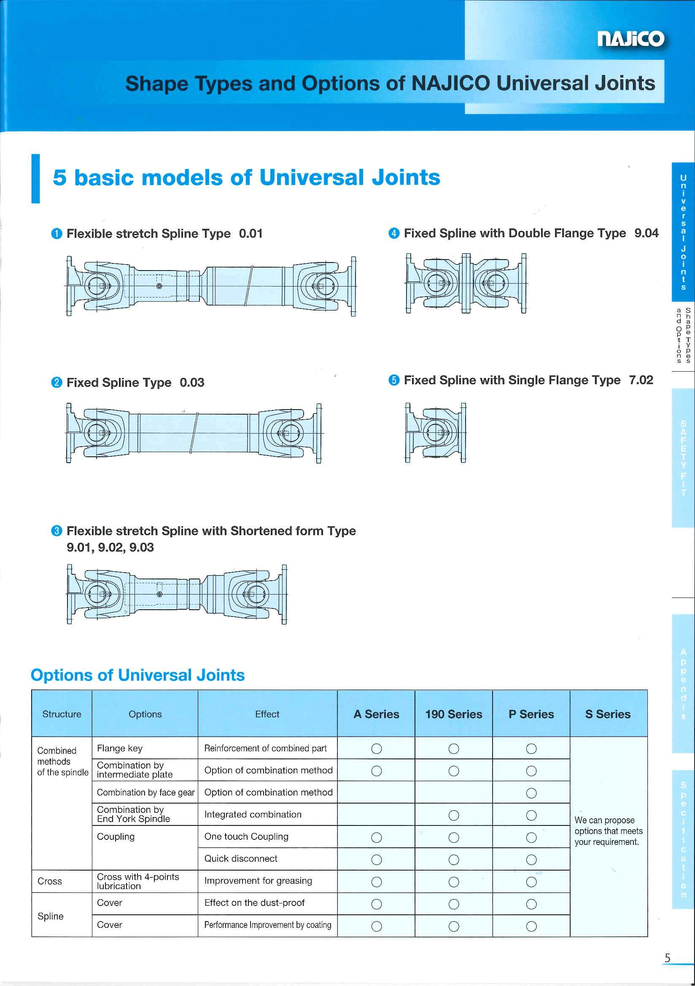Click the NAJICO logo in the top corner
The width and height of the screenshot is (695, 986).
point(630,39)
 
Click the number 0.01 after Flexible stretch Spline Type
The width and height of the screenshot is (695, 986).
point(251,233)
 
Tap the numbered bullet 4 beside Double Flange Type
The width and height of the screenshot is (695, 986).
point(394,233)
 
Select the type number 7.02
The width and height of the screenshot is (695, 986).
point(641,380)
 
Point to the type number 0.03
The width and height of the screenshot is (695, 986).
point(192,383)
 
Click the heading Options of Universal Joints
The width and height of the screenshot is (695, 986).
point(137,675)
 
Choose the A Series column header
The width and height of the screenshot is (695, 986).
point(376,714)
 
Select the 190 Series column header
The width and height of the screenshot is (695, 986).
point(453,714)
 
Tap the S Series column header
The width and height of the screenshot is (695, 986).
point(608,714)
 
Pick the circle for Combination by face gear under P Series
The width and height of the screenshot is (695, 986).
point(531,793)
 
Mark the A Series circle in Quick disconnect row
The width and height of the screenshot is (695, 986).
point(377,860)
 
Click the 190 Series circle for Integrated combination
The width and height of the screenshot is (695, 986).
point(454,815)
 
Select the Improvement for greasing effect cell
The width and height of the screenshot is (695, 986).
point(258,881)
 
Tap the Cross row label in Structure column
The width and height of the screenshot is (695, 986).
point(50,881)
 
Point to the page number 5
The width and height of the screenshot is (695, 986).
point(667,958)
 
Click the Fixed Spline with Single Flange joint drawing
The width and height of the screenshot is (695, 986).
point(435,433)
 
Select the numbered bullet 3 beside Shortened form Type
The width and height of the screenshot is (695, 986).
point(57,531)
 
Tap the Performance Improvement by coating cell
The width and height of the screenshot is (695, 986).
point(268,925)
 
